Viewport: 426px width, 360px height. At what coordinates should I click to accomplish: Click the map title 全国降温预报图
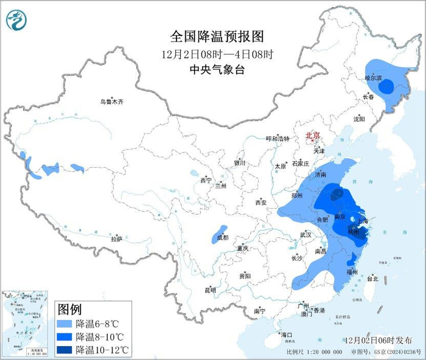pos(217,35)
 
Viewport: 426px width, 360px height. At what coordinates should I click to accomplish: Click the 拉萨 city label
pos(116,239)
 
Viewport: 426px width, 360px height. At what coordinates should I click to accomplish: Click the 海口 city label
pos(286,335)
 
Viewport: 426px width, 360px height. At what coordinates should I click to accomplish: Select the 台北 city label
pos(372,279)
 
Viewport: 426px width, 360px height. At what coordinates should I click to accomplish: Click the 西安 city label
pos(261,202)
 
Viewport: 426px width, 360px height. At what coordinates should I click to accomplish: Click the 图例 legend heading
pos(69,309)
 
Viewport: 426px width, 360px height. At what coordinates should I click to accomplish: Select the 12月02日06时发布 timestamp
pos(377,340)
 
